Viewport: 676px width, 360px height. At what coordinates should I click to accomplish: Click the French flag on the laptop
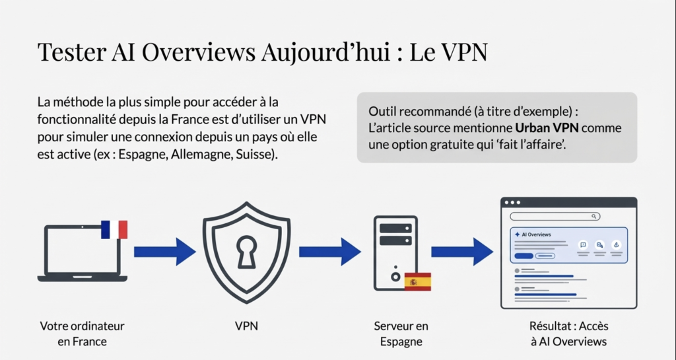(114, 229)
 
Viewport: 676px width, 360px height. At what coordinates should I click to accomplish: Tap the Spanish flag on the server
(417, 281)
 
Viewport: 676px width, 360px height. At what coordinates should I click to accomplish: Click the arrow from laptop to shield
(164, 251)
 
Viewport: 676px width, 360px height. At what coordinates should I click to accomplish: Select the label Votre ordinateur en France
(82, 334)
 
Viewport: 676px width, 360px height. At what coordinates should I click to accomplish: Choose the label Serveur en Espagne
(401, 334)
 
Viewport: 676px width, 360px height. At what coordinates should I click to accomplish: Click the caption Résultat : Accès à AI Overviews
(568, 334)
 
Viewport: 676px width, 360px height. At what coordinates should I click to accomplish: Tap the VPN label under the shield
(246, 326)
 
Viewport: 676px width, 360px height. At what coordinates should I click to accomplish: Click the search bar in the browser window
(555, 216)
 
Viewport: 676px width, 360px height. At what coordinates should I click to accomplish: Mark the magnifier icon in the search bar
(595, 216)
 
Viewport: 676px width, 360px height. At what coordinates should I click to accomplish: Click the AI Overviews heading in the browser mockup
(535, 234)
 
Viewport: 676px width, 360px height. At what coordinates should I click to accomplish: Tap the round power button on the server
(395, 277)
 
